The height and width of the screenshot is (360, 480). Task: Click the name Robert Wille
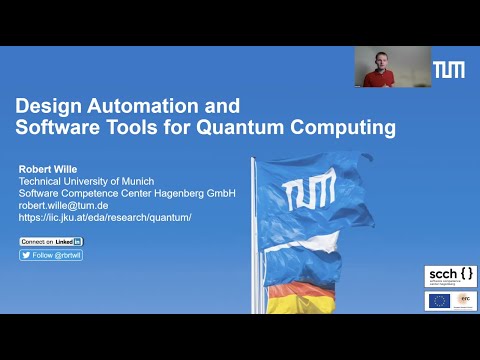click(x=47, y=169)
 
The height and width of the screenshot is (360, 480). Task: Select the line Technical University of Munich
click(x=88, y=181)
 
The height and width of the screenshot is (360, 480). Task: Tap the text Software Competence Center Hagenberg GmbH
click(x=127, y=193)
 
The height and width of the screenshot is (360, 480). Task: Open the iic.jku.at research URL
click(x=105, y=217)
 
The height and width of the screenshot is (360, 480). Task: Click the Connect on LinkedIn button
click(x=51, y=241)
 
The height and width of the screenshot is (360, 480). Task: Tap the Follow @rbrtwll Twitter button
click(x=51, y=255)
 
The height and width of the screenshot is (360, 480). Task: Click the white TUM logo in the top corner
click(x=448, y=69)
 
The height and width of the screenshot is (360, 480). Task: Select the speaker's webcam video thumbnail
click(x=392, y=67)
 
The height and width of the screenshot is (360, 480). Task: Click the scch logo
click(x=448, y=274)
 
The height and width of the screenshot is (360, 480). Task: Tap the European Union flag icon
click(x=438, y=299)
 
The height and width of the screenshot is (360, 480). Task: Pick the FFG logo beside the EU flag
click(x=463, y=299)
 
